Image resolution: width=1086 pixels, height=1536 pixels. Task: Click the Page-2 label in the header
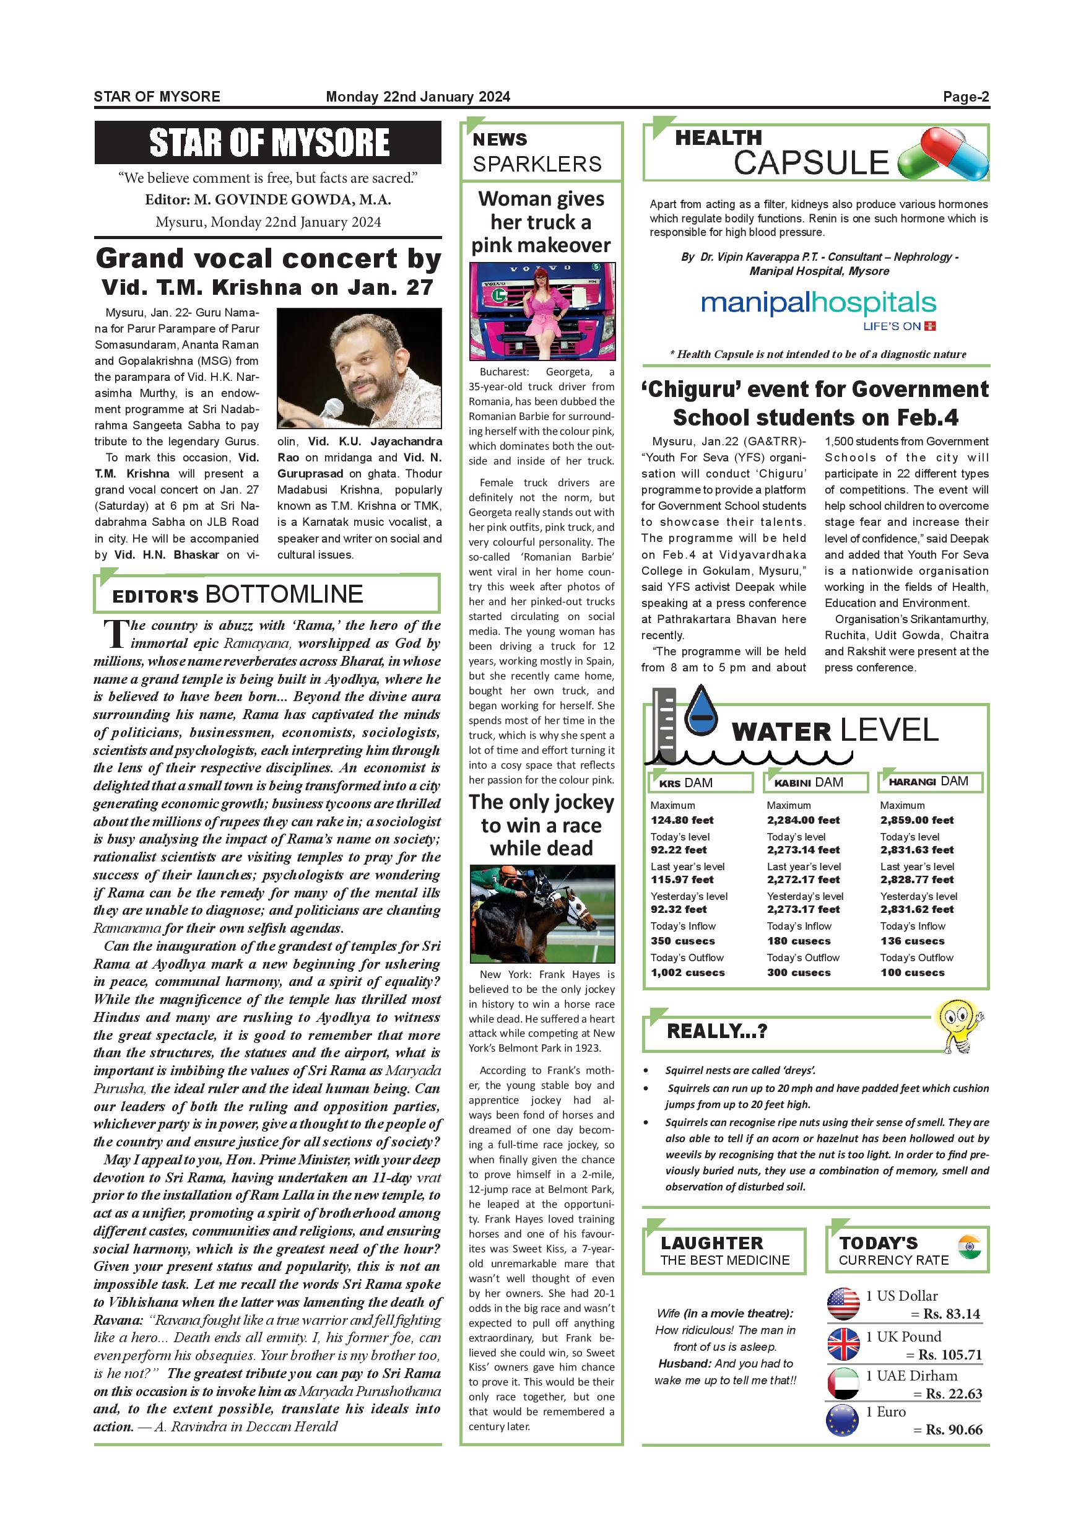[x=966, y=97]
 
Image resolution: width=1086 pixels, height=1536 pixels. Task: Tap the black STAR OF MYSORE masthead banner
[x=267, y=142]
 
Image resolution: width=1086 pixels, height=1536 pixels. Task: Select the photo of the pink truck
[x=542, y=311]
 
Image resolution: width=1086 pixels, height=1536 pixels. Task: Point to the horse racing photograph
[x=542, y=914]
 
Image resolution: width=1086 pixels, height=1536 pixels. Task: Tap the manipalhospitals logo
[x=819, y=304]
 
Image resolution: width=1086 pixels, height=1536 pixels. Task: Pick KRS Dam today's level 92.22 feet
[x=679, y=850]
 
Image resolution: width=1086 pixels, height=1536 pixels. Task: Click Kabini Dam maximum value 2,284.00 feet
[x=803, y=820]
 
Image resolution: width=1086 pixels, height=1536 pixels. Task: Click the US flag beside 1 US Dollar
[x=843, y=1304]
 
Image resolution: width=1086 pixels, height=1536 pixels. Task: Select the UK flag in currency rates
[x=843, y=1345]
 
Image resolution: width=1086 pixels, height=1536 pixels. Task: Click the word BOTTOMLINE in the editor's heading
[x=284, y=594]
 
